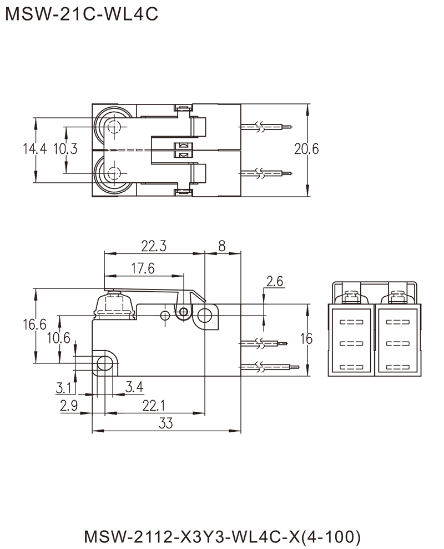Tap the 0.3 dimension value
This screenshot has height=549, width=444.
click(x=69, y=149)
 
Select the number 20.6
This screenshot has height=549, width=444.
click(x=306, y=149)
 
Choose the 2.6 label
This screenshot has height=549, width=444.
click(x=275, y=282)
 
